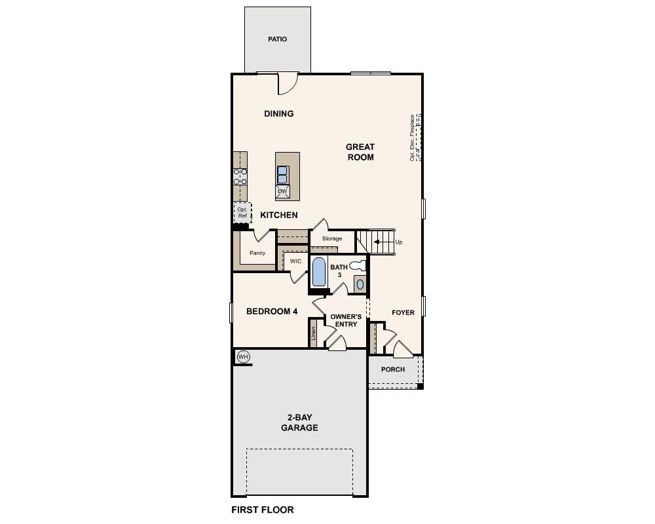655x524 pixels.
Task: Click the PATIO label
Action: [277, 39]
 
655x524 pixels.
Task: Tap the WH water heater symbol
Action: [243, 356]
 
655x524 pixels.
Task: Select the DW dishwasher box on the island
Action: [282, 191]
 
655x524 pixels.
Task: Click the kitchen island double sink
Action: [282, 175]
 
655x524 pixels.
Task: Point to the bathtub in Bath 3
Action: [318, 272]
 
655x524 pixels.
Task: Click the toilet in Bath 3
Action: [357, 266]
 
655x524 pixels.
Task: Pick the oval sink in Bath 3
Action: [360, 284]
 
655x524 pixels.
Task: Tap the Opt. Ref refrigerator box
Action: [242, 212]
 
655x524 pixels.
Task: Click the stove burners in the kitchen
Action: [240, 176]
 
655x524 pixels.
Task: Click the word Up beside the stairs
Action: [398, 242]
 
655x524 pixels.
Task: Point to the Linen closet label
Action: [314, 334]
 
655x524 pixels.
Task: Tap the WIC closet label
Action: [295, 261]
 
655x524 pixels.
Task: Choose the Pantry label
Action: [257, 253]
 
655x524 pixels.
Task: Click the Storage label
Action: [331, 238]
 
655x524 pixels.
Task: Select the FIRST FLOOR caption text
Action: [263, 510]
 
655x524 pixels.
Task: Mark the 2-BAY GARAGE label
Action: [299, 422]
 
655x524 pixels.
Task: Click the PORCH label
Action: [393, 369]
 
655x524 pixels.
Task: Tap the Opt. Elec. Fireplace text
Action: [412, 138]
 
